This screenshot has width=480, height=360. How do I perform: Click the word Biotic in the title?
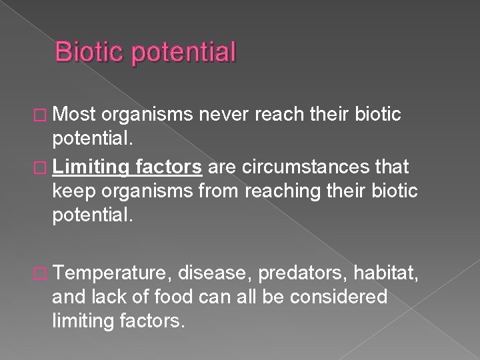click(90, 51)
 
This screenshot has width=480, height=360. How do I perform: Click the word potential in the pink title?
click(185, 52)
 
